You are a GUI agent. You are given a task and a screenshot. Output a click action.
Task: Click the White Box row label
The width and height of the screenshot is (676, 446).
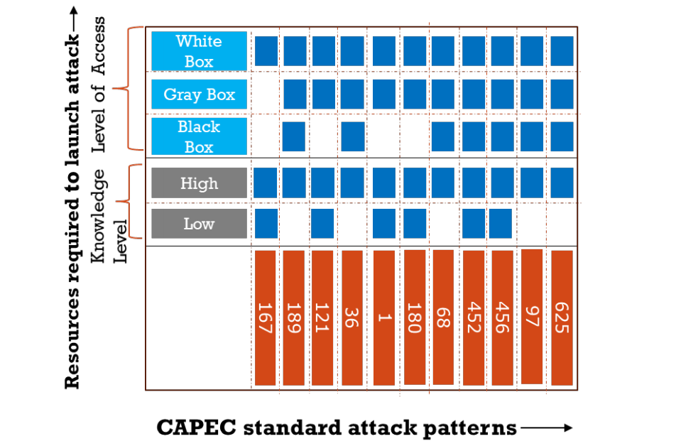click(x=199, y=51)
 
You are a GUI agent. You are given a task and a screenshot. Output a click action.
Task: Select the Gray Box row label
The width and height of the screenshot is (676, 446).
click(x=199, y=94)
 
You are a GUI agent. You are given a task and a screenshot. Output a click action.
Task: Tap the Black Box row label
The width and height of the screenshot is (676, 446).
click(x=199, y=136)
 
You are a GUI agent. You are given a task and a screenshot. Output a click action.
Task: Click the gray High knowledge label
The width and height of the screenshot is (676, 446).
click(x=199, y=183)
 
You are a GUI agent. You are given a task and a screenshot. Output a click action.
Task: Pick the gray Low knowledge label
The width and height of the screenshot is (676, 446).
click(x=199, y=224)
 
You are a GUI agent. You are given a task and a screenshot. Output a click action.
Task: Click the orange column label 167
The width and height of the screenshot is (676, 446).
click(x=265, y=318)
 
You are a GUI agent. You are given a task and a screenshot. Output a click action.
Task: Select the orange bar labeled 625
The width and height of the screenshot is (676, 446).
click(x=562, y=318)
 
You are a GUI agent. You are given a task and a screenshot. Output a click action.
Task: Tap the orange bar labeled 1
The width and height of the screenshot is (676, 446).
click(x=383, y=318)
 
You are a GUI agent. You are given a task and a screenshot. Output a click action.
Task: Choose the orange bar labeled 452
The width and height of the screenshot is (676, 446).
click(x=474, y=318)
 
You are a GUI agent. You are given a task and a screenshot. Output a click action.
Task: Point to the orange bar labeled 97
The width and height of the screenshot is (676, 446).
click(x=532, y=317)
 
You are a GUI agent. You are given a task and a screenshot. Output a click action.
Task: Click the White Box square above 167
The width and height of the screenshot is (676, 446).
click(x=266, y=51)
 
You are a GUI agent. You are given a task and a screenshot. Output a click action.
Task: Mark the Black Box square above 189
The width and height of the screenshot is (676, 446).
click(x=293, y=137)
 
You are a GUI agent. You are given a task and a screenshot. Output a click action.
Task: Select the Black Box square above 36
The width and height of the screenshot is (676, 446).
click(x=353, y=137)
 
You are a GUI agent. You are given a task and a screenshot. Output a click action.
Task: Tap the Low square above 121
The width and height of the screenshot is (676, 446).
click(x=322, y=224)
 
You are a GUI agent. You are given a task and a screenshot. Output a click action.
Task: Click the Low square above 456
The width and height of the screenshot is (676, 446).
click(x=501, y=224)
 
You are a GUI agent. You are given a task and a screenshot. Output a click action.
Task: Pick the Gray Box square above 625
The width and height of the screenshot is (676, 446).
click(x=562, y=94)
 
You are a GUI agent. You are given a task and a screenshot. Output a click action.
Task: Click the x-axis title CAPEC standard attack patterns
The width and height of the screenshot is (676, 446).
click(x=337, y=428)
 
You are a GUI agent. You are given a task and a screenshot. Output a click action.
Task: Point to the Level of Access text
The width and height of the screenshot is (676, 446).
click(x=98, y=85)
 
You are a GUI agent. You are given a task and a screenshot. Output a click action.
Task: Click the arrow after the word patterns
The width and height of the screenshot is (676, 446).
click(x=546, y=428)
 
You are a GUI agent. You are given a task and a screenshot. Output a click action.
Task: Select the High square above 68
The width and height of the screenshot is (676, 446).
click(x=443, y=183)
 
